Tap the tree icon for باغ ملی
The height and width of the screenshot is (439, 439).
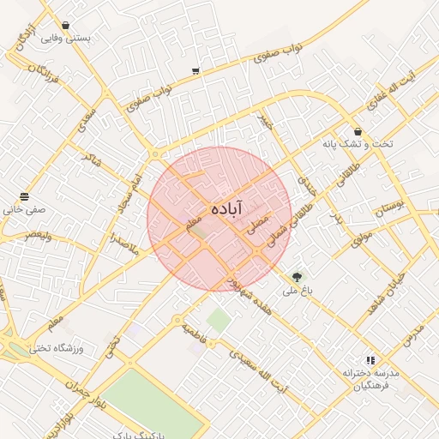click(298, 276)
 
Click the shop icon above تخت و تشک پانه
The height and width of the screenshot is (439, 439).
click(358, 132)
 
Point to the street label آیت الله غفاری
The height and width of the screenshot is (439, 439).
click(389, 94)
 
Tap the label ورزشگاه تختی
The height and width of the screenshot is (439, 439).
click(53, 347)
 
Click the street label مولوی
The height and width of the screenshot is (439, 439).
click(361, 238)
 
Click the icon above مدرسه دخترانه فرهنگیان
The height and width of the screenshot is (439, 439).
click(370, 360)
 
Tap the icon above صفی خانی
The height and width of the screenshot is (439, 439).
click(24, 196)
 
